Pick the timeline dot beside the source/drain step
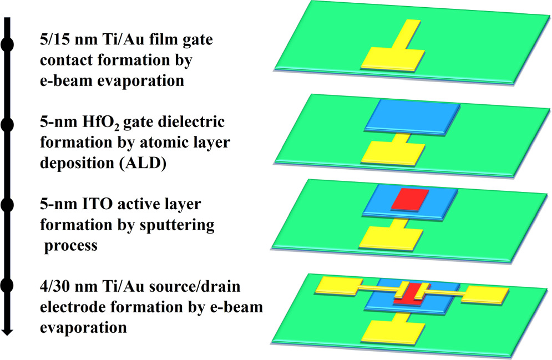click(7, 286)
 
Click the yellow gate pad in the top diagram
click(394, 58)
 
